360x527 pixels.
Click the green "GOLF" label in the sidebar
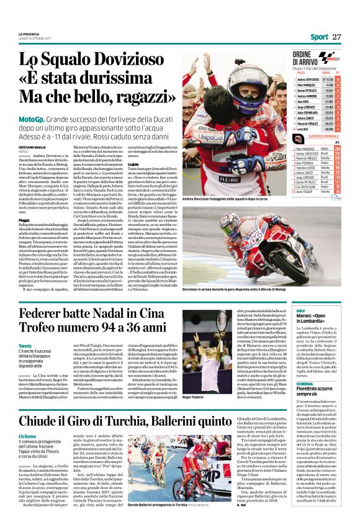click(x=300, y=309)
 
